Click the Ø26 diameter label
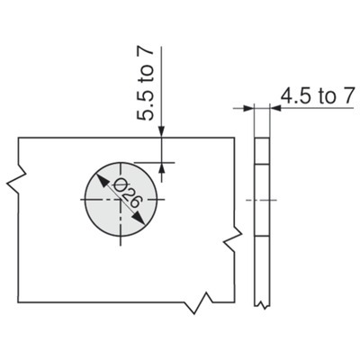pyautogui.click(x=127, y=193)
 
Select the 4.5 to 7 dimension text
pyautogui.click(x=318, y=96)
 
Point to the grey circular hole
pyautogui.click(x=121, y=200)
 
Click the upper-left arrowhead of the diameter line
pyautogui.click(x=102, y=181)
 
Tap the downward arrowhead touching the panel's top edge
pyautogui.click(x=162, y=131)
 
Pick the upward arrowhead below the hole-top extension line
pyautogui.click(x=162, y=168)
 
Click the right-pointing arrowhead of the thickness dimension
pyautogui.click(x=247, y=108)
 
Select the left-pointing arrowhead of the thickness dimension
pyautogui.click(x=275, y=108)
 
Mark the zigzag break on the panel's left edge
pyautogui.click(x=16, y=178)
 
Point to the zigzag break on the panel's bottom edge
pyautogui.click(x=200, y=302)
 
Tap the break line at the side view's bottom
pyautogui.click(x=262, y=305)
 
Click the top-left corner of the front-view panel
pyautogui.click(x=19, y=138)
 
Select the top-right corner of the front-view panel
pyautogui.click(x=234, y=138)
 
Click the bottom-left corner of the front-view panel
pyautogui.click(x=18, y=302)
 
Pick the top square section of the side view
pyautogui.click(x=262, y=151)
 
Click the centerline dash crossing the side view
pyautogui.click(x=261, y=200)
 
